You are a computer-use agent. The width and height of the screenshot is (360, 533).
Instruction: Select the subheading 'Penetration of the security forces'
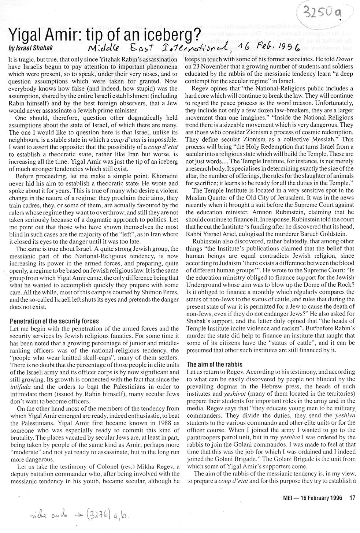pos(54,321)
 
